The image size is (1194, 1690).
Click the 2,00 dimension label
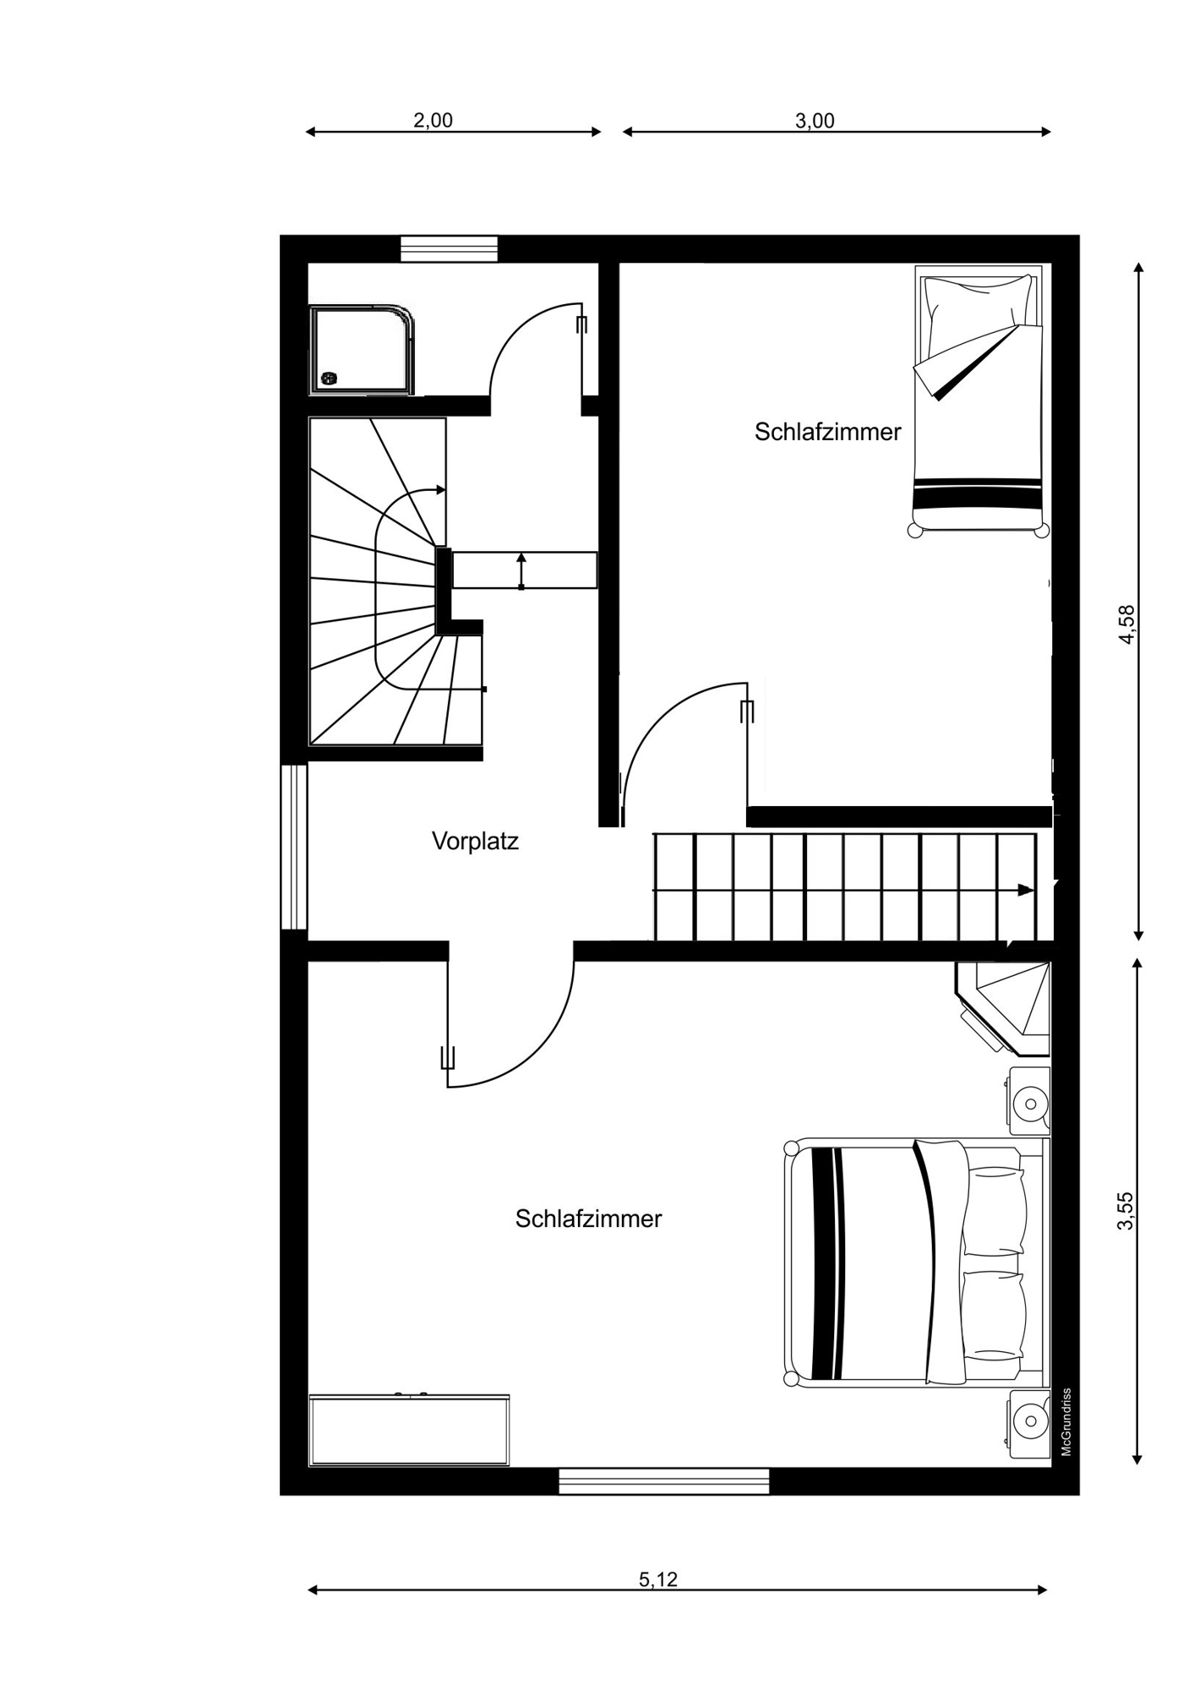433,120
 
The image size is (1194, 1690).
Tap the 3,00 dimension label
815,121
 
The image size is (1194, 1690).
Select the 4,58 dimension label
1126,624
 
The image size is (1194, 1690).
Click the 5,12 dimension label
658,1578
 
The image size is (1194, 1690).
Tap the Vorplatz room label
475,841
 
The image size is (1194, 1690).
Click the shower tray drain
329,378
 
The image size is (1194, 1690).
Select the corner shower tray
363,350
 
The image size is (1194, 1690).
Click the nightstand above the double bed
1029,1101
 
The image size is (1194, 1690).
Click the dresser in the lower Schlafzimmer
410,1429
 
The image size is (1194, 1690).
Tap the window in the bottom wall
664,1481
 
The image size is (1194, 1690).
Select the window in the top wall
449,249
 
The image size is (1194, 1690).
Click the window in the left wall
294,847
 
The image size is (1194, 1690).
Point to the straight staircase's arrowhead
1026,890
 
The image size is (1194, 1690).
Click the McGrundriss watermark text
1066,1422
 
